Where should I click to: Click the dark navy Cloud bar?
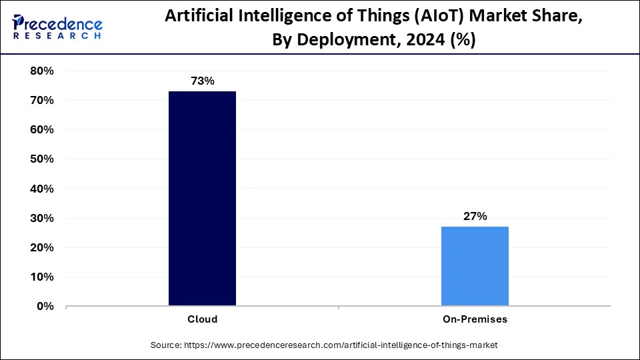pos(202,199)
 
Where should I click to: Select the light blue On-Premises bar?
pos(475,266)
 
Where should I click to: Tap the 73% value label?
pos(202,81)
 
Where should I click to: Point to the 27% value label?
pos(475,216)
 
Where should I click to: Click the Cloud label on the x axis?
pos(202,319)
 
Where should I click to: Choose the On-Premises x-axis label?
pos(475,319)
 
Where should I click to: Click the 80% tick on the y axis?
pos(42,71)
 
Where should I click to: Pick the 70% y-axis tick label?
pos(42,100)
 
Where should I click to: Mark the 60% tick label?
pos(42,129)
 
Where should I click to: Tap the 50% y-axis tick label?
pos(42,159)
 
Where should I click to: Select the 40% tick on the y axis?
pos(42,189)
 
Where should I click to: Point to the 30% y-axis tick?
pos(42,218)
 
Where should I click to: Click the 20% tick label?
pos(42,247)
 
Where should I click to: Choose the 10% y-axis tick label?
pos(42,277)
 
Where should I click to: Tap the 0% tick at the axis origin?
pos(45,306)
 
